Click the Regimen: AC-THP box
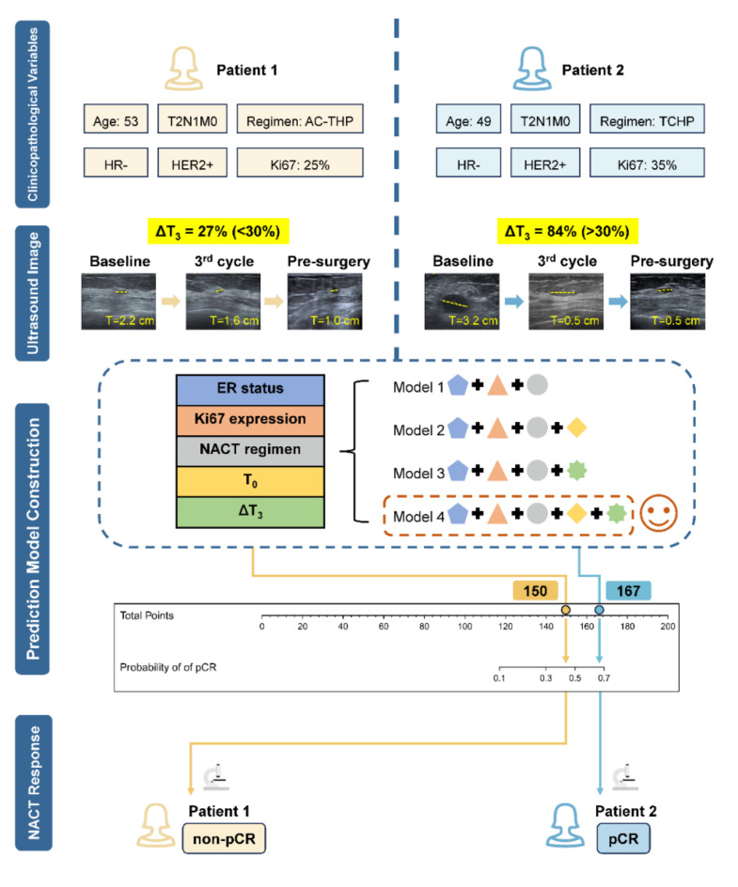coord(300,120)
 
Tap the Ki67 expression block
coord(251,419)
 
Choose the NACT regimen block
coord(251,449)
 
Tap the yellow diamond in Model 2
coord(577,428)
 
